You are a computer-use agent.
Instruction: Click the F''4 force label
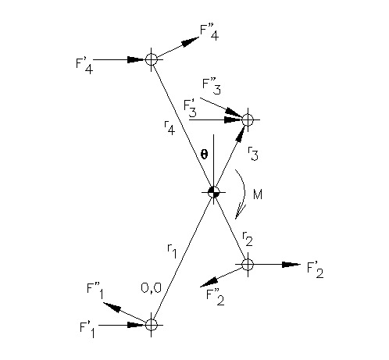(x=209, y=33)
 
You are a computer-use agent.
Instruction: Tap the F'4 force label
(x=84, y=66)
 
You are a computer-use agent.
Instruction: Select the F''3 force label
(x=212, y=87)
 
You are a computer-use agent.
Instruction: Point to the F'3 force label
(x=190, y=109)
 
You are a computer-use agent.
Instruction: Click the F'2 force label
(x=316, y=270)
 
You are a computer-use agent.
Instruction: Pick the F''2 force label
(x=215, y=297)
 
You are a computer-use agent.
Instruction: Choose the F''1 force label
(x=95, y=291)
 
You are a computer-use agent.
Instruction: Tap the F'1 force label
(x=87, y=330)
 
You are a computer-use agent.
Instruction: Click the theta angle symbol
(x=204, y=155)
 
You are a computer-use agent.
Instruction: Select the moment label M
(x=258, y=194)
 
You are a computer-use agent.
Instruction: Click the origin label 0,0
(x=151, y=288)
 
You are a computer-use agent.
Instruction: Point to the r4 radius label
(x=170, y=127)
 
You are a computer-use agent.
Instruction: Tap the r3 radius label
(x=253, y=154)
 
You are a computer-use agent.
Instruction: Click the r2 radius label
(x=248, y=239)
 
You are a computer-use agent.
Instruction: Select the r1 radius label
(x=172, y=251)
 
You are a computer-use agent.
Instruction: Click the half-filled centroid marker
(x=214, y=192)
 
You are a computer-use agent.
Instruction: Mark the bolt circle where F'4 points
(x=152, y=59)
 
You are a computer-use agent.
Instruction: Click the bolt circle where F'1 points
(x=152, y=325)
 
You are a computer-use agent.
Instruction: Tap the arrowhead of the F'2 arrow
(x=291, y=265)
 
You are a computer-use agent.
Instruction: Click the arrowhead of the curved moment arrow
(x=241, y=212)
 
